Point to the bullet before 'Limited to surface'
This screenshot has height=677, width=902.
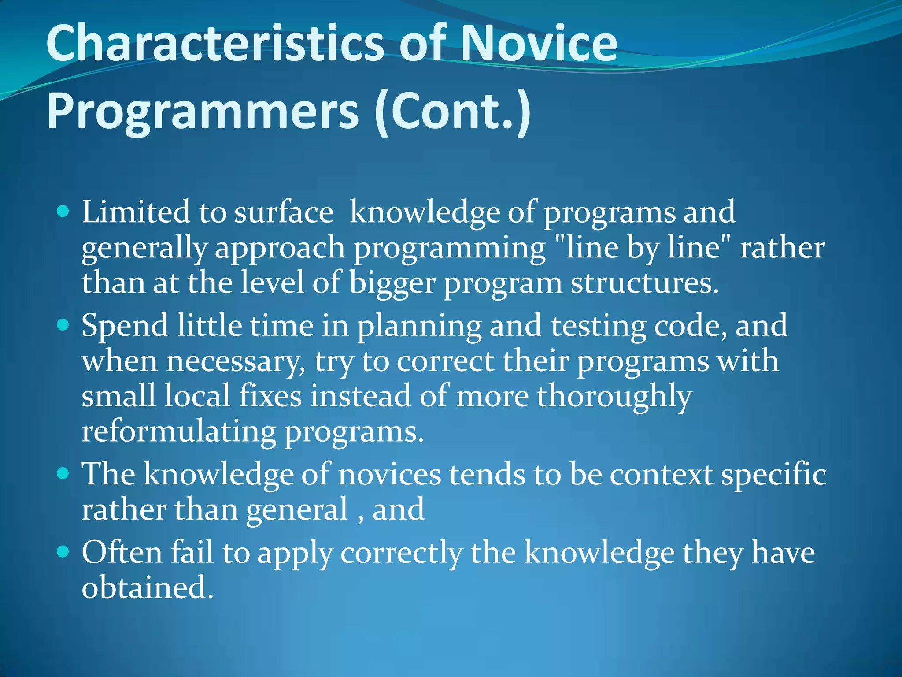pos(63,212)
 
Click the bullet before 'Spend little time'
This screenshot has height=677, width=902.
pos(63,325)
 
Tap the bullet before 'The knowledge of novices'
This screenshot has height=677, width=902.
pos(63,474)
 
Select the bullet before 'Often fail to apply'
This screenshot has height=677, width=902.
pos(63,552)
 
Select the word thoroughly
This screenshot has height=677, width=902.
pos(614,396)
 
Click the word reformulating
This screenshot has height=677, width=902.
pos(178,431)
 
